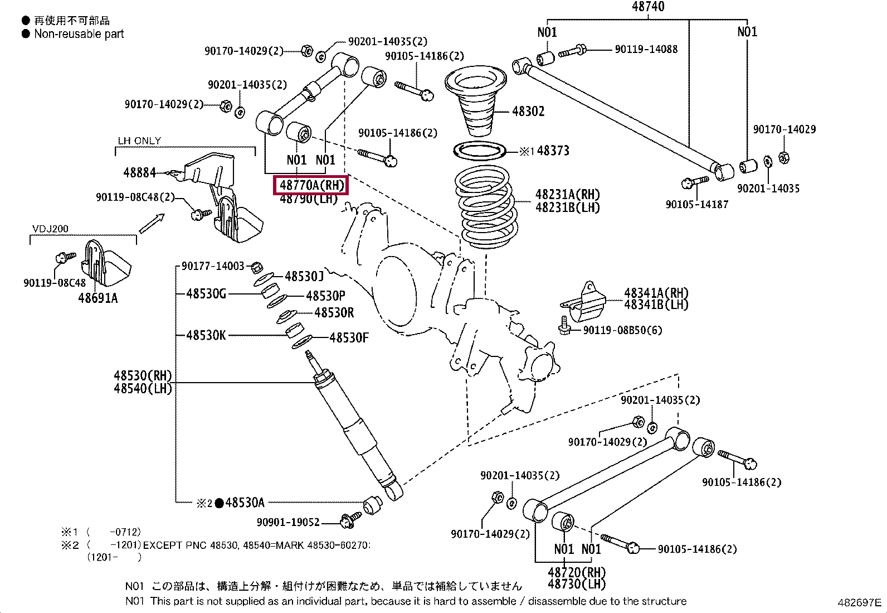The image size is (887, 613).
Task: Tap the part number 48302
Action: pos(528,111)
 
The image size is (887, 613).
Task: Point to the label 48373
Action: pos(553,151)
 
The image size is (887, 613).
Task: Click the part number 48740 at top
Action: pos(648,7)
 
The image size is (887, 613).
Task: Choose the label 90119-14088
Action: pos(646,49)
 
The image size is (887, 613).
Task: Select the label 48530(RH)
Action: pos(143,376)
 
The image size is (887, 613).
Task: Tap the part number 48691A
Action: pos(98,298)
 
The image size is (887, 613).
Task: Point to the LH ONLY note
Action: pos(139,141)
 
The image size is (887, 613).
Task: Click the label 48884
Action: pos(139,173)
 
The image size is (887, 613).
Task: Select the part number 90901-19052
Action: pos(288,522)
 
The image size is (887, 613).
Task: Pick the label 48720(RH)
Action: pos(576,573)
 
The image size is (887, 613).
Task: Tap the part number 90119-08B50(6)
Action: pos(622,330)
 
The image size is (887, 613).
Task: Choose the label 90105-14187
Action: pos(696,205)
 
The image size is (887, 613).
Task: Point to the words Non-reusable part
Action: pos(79,34)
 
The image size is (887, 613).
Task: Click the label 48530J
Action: pos(304,276)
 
